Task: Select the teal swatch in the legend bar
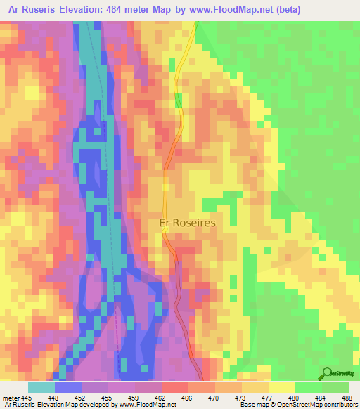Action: click(41, 388)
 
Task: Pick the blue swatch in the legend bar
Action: click(67, 388)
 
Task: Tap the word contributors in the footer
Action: click(340, 404)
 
